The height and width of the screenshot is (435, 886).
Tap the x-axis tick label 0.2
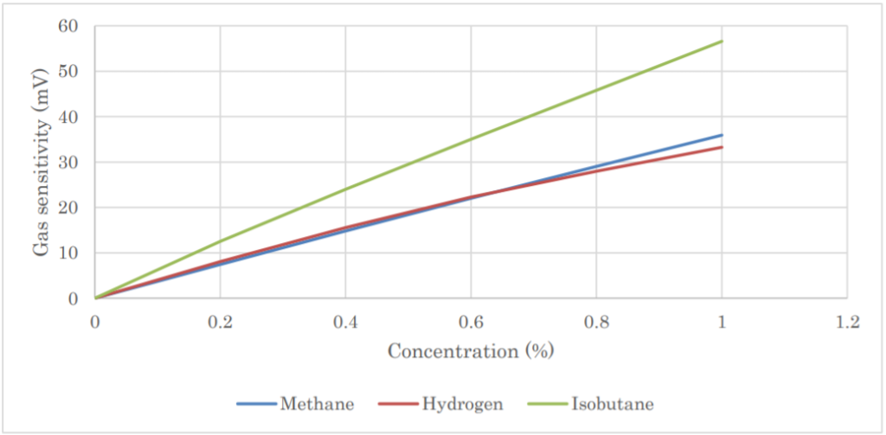coord(220,322)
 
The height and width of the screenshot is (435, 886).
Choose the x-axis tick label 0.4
coord(345,322)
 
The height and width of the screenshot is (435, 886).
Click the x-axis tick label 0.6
coord(471,322)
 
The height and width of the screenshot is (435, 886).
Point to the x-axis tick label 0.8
coord(596,322)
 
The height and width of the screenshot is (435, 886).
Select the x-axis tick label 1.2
coord(847,322)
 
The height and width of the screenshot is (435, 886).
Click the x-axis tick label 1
coord(722,322)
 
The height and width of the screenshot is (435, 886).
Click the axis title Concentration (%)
coord(471,351)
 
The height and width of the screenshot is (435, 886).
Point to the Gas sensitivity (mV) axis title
coord(41,163)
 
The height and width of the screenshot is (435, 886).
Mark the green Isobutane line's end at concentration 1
coord(722,42)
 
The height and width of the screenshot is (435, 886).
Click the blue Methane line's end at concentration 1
coord(722,135)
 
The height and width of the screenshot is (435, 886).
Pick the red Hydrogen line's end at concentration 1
coord(722,147)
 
